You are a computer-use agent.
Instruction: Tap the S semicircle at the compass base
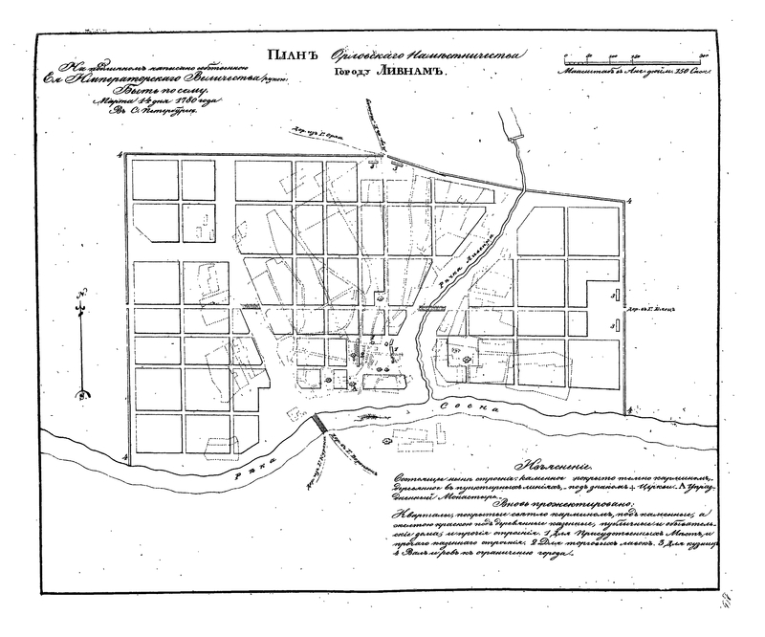tap(83, 393)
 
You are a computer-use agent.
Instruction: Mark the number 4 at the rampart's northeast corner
tap(632, 201)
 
